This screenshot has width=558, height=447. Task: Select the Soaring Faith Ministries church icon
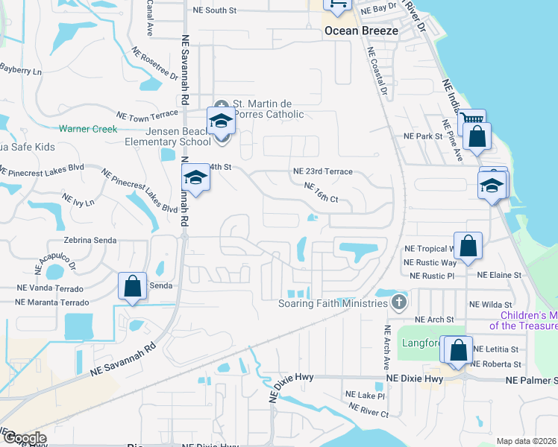coord(399,302)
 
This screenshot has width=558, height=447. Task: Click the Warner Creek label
coord(89,129)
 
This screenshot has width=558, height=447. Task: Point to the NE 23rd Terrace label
coord(322,171)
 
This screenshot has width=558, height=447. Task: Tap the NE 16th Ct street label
coord(322,193)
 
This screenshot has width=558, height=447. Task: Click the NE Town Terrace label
coord(148,115)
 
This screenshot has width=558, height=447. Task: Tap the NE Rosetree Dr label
coord(154,65)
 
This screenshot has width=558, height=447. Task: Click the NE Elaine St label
coord(499,276)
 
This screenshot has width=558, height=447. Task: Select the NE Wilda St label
coord(491,305)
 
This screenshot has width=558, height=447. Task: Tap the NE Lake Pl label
coord(365,396)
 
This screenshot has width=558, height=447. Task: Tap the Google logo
coord(24,437)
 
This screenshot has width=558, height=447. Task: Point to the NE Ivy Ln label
coord(78,200)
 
